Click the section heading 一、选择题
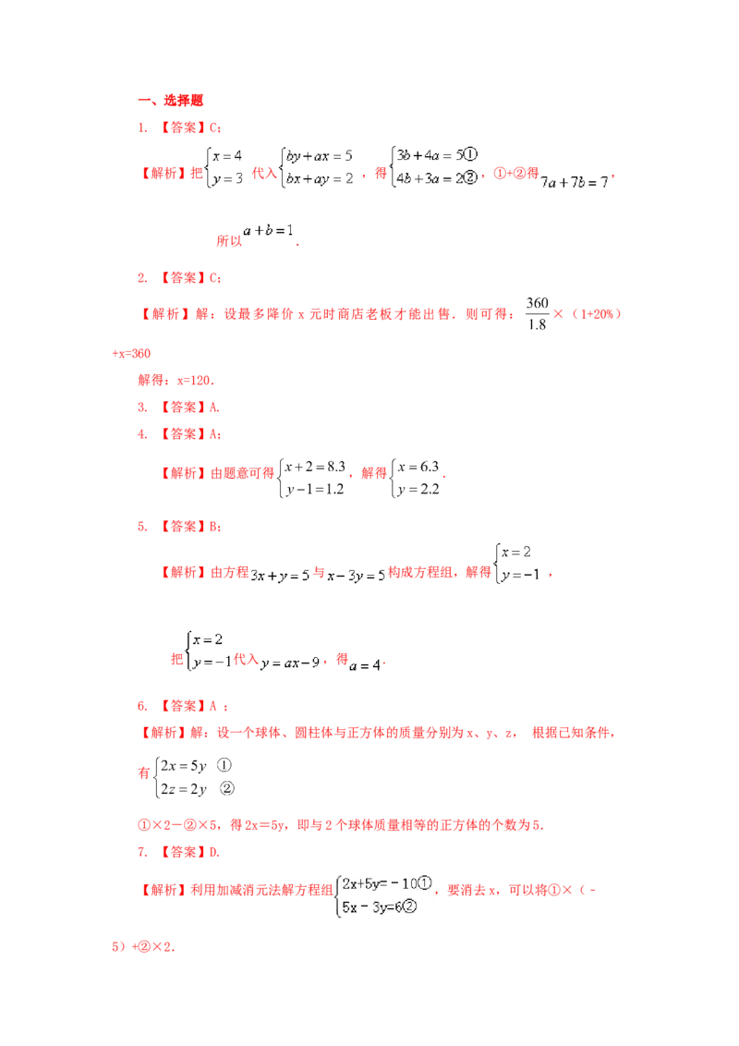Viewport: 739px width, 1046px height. click(x=170, y=100)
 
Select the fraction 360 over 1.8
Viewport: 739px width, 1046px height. click(x=537, y=313)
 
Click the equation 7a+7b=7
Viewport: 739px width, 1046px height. click(x=575, y=182)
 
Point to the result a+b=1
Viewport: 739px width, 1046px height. click(x=268, y=231)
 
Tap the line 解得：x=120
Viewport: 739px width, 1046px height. click(x=176, y=381)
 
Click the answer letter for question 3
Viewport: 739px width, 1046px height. click(x=213, y=407)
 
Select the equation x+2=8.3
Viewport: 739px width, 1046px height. click(x=315, y=467)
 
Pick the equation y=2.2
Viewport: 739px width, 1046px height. click(x=418, y=489)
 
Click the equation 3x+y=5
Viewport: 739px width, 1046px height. click(x=280, y=575)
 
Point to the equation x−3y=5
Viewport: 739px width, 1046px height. click(x=357, y=575)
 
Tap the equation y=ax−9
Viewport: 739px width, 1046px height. click(x=290, y=663)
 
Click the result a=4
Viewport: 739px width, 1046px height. click(x=365, y=665)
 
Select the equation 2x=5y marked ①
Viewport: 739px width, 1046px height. click(x=184, y=766)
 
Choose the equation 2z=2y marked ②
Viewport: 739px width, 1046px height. click(x=184, y=789)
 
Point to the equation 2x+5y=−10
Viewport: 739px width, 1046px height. click(x=380, y=884)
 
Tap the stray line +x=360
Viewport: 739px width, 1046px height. click(x=131, y=354)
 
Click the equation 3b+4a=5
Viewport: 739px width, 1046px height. click(x=430, y=155)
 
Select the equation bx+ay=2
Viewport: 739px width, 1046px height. click(x=320, y=178)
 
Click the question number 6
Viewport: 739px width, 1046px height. click(x=142, y=706)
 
